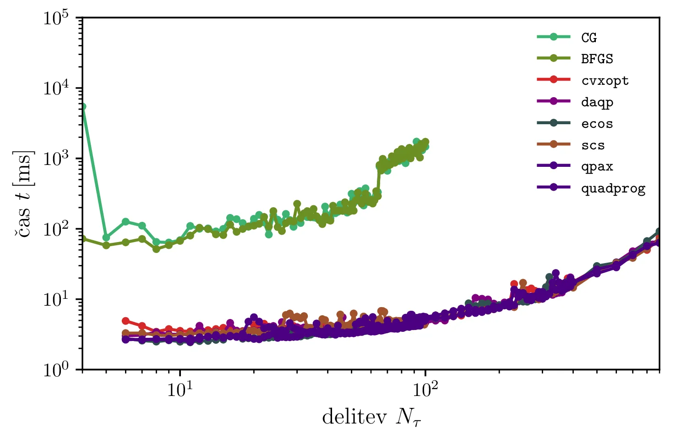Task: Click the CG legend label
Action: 589,38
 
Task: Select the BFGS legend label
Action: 597,59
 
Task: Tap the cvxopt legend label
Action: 605,81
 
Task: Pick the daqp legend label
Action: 597,102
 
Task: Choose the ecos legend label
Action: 597,124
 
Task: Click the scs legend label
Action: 593,145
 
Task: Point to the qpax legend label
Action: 597,167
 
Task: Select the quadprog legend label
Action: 613,188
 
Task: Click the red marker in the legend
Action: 554,80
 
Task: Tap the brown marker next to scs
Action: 554,144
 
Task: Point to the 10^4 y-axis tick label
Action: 56,88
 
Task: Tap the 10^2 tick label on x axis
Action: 425,390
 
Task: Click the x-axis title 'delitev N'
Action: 371,418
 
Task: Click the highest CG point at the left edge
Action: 83,107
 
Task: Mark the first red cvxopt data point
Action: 125,321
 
